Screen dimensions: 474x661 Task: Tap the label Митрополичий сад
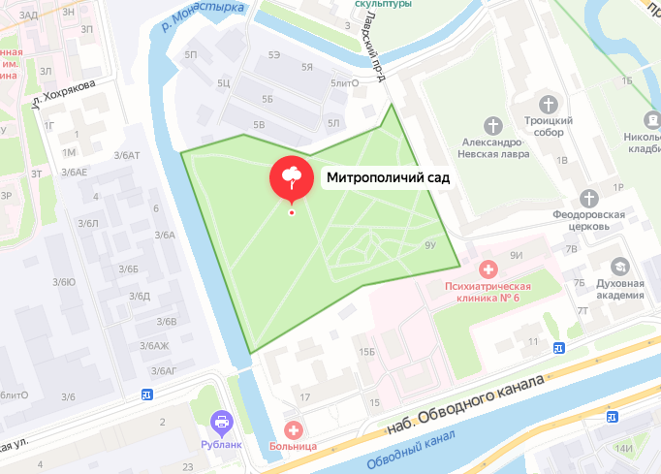click(388, 178)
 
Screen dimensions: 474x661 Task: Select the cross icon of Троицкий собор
click(549, 103)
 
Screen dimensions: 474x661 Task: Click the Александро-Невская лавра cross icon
click(494, 125)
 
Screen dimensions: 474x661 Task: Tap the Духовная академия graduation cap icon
click(618, 266)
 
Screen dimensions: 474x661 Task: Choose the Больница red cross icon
click(292, 428)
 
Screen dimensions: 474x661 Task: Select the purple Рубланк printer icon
click(222, 422)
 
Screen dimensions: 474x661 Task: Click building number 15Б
click(365, 352)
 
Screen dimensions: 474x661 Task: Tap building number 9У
click(431, 246)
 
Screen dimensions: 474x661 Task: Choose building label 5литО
click(345, 83)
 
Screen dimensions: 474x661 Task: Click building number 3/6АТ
click(126, 155)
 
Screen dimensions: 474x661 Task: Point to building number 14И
click(623, 448)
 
